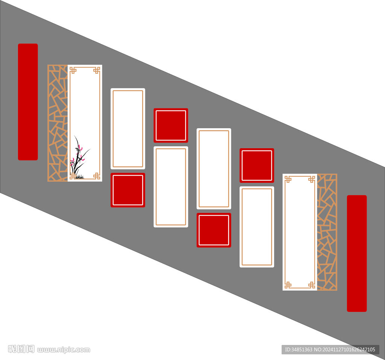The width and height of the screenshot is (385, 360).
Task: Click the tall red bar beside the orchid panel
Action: click(x=28, y=102)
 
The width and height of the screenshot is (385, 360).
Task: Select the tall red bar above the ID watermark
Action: click(x=356, y=253)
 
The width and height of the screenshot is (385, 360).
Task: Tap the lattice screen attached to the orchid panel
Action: click(x=58, y=123)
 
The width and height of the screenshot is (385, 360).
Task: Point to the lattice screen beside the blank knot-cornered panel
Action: click(x=327, y=232)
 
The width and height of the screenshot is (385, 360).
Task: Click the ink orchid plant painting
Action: click(x=79, y=157)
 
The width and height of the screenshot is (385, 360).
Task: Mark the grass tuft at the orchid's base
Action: click(x=79, y=177)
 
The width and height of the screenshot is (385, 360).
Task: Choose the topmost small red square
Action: click(x=171, y=125)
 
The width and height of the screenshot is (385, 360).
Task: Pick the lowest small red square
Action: click(x=214, y=230)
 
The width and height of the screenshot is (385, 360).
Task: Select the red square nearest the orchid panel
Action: click(x=128, y=190)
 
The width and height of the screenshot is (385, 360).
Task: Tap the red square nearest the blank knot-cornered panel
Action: click(x=257, y=166)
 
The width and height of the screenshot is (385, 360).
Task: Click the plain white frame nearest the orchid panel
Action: click(x=128, y=129)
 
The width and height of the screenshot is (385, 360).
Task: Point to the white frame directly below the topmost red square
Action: click(x=171, y=187)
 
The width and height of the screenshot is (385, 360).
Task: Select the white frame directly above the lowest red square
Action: click(x=214, y=169)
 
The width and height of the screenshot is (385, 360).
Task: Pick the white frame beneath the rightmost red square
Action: click(x=257, y=227)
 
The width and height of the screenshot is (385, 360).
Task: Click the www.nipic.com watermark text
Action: click(x=64, y=350)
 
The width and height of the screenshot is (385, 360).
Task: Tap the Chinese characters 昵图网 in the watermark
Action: click(x=21, y=349)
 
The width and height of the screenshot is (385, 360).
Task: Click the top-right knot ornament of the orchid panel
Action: click(x=97, y=70)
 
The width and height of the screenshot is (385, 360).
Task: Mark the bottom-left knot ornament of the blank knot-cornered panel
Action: click(x=288, y=285)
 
